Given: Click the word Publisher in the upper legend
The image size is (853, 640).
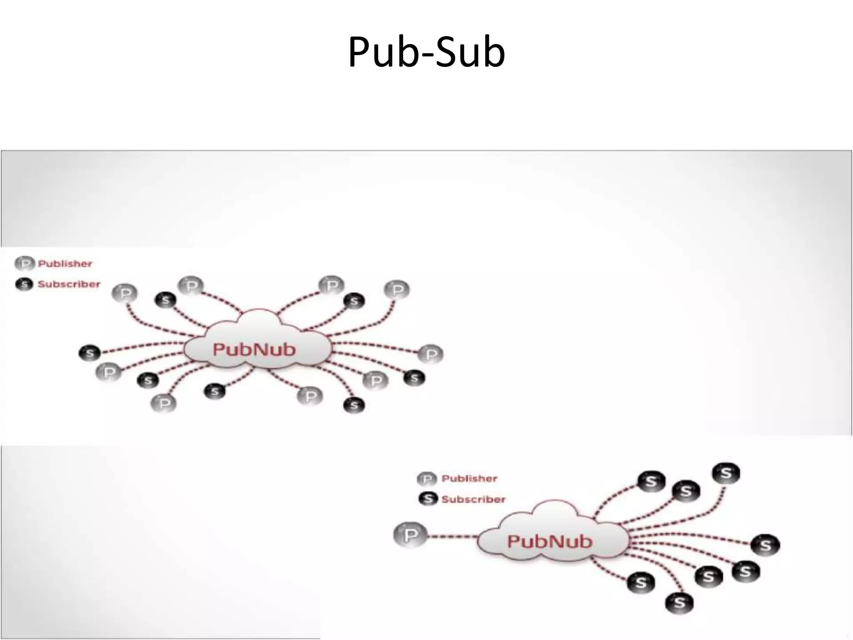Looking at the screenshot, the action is [x=65, y=264].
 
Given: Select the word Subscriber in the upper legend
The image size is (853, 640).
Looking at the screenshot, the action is [x=69, y=284].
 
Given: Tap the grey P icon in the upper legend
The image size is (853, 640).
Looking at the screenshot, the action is [x=24, y=264].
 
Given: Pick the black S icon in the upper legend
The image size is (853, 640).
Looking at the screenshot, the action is [x=24, y=285].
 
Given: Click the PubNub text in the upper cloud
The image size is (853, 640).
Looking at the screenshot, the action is [x=254, y=350].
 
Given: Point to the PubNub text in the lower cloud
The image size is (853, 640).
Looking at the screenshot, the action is [x=549, y=542].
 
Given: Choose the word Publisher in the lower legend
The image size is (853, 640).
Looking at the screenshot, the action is [x=469, y=479].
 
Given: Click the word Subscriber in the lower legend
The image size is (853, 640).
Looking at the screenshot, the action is [x=473, y=499].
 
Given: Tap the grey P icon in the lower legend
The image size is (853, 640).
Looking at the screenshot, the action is [x=427, y=479].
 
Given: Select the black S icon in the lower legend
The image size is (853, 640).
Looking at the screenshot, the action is [x=428, y=499].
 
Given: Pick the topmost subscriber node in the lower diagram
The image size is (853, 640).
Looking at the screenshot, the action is [x=726, y=474].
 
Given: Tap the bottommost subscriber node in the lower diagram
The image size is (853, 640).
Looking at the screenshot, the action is [x=679, y=603].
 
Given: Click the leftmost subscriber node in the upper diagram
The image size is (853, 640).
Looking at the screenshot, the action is [x=90, y=353].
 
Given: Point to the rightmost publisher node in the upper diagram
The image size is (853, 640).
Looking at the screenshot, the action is [x=431, y=355].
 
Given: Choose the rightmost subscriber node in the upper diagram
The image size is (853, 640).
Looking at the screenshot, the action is [x=414, y=378].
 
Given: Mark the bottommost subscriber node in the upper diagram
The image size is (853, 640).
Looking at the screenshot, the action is [x=354, y=405].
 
